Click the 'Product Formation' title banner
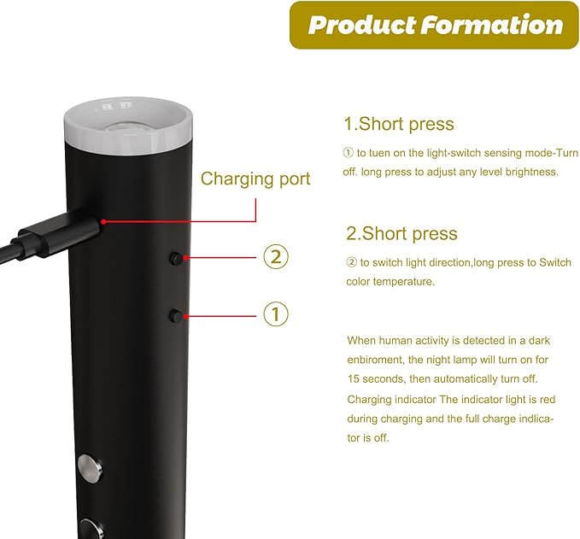point(435,25)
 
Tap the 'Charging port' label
point(255,179)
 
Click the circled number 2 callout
point(275,256)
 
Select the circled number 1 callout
point(275,313)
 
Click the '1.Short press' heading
point(399,124)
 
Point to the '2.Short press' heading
point(401,233)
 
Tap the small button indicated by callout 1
point(175,315)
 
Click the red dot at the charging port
point(103,222)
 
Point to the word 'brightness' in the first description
point(532,172)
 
